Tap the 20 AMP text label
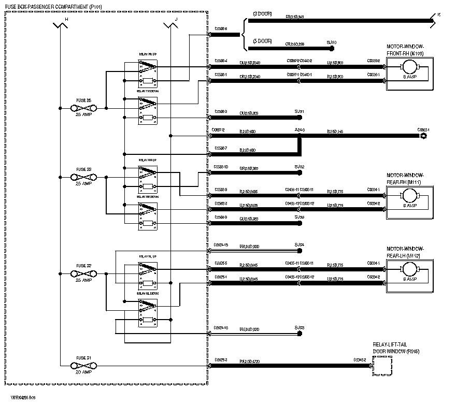(x=83, y=372)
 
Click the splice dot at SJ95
(x=299, y=334)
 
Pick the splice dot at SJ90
(x=332, y=49)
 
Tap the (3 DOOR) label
(x=262, y=13)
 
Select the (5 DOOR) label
(x=262, y=41)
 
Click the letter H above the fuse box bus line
(x=66, y=19)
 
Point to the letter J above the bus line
(x=176, y=19)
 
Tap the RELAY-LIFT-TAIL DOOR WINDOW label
(x=396, y=348)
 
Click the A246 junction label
(x=300, y=131)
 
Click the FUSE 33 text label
(x=83, y=169)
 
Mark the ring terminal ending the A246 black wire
(x=424, y=136)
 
